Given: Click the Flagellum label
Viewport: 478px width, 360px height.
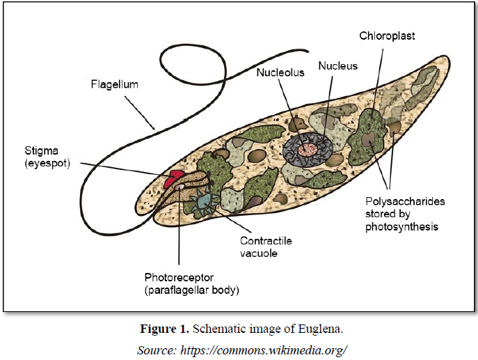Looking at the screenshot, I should coord(115,85).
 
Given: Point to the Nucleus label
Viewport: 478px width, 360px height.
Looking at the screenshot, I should coord(337,66).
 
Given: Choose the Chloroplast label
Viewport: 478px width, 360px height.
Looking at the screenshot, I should coord(387,35).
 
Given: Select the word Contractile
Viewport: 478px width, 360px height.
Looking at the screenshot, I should coord(265,240).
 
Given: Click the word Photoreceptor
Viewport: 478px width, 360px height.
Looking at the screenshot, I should coord(178,276).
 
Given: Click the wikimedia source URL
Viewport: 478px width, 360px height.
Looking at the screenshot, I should coord(264,350).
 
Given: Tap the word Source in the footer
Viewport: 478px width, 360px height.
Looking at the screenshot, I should coord(156,350).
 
